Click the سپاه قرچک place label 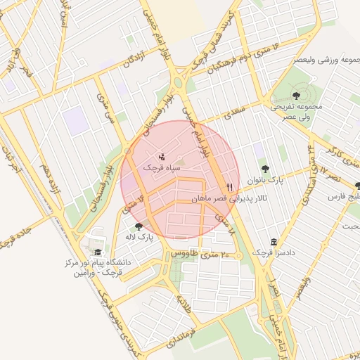coord(162,169)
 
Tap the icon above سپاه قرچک coord(162,156)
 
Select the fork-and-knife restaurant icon coord(229,187)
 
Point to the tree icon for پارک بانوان coord(265,168)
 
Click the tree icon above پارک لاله coord(138,226)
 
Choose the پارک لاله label coord(141,238)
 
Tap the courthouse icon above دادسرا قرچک coord(274,240)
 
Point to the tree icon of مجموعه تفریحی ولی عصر coord(295,96)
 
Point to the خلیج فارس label coord(345,198)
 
